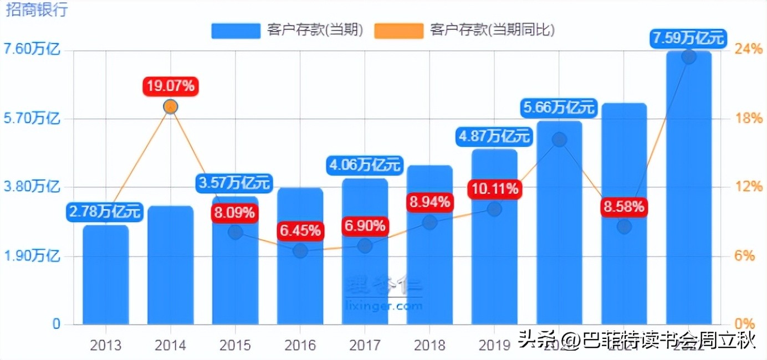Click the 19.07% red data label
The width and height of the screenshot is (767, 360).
click(171, 86)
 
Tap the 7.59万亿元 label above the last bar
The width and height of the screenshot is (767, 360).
click(689, 39)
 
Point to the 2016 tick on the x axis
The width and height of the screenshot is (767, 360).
click(300, 346)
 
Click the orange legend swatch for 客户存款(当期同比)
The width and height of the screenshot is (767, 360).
click(398, 30)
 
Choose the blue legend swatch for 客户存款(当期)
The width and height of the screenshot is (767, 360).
click(236, 30)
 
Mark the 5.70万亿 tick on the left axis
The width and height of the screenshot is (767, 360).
click(32, 118)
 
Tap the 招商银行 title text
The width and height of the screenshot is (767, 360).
click(37, 10)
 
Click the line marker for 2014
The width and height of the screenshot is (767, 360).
click(171, 106)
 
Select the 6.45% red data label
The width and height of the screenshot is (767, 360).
click(300, 230)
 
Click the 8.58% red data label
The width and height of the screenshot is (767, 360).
click(624, 207)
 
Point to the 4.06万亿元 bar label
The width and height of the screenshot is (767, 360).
click(365, 164)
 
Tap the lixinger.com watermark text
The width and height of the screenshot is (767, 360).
click(383, 305)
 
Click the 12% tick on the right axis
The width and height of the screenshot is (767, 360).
click(749, 187)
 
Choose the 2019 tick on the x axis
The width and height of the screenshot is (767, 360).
click(494, 346)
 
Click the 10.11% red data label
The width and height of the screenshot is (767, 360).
click(495, 189)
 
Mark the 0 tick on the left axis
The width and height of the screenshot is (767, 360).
click(55, 324)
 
